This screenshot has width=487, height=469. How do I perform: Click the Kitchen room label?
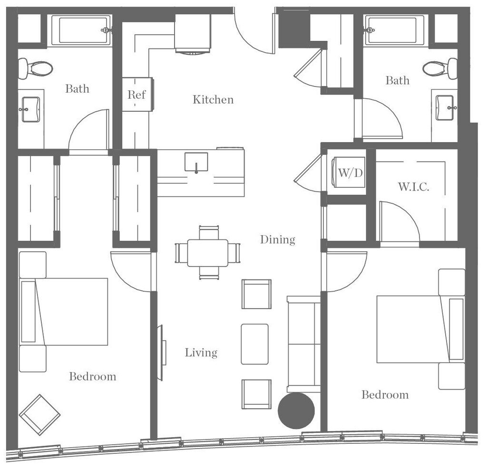click(213, 100)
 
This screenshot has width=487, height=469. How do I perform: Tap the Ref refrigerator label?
click(136, 94)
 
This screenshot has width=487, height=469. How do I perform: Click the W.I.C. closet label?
click(413, 186)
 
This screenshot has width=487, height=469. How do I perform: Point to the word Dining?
click(277, 239)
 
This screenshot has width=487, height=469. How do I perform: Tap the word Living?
click(201, 353)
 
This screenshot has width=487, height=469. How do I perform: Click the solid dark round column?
click(296, 411)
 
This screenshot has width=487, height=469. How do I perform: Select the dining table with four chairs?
click(207, 252)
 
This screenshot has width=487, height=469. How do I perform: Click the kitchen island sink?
click(196, 162)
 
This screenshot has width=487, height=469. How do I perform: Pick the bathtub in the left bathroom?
click(81, 30)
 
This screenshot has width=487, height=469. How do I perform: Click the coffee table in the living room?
click(254, 344)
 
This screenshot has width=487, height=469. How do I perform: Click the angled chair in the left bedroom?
click(39, 414)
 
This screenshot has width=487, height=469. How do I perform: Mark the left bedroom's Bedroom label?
click(92, 377)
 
